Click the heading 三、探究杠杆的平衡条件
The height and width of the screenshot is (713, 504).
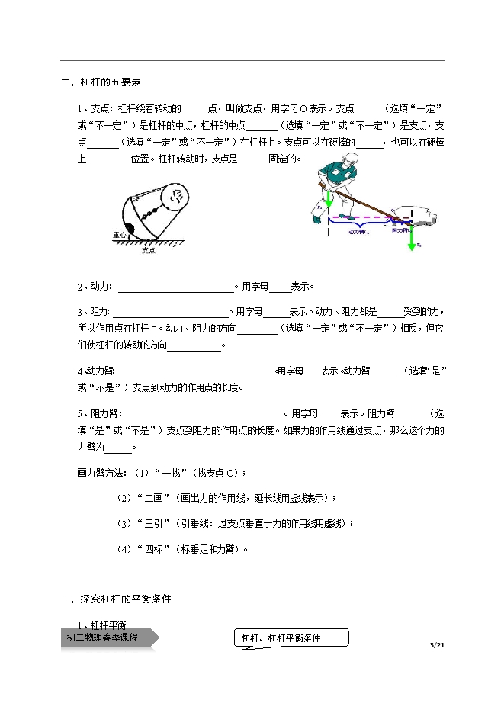pyautogui.click(x=116, y=599)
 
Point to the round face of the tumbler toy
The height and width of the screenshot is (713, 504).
pyautogui.click(x=177, y=196)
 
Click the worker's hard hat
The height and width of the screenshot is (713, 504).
pyautogui.click(x=352, y=159)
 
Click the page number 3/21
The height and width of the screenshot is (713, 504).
pyautogui.click(x=437, y=645)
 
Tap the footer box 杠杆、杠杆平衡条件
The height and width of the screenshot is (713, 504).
pyautogui.click(x=290, y=638)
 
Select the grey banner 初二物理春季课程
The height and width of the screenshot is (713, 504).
pyautogui.click(x=107, y=638)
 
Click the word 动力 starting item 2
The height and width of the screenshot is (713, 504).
pyautogui.click(x=98, y=287)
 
